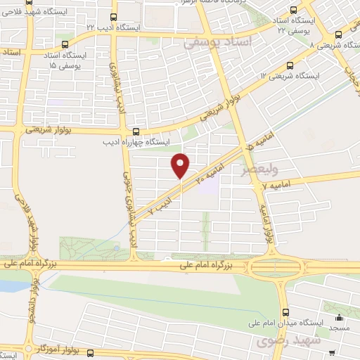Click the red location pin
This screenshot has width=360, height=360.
click(x=181, y=166)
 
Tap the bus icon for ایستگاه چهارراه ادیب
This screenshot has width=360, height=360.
click(x=136, y=131)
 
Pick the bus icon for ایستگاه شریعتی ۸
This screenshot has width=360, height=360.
click(x=338, y=33)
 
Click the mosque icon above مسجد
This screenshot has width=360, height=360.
click(x=340, y=317)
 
